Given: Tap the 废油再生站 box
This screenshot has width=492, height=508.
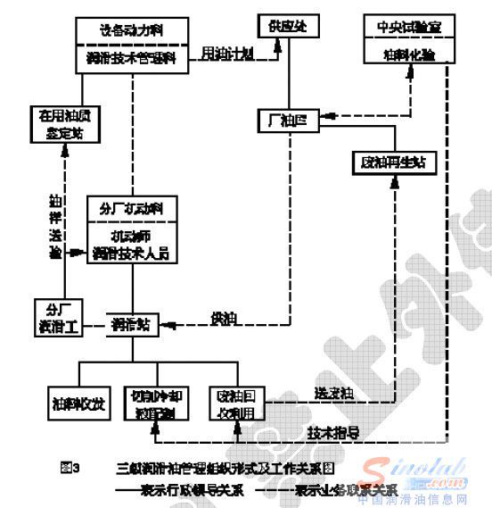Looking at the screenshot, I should point(392,163).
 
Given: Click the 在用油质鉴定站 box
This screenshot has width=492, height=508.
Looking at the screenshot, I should point(61,122).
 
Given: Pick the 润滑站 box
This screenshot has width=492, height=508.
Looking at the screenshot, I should point(133,323).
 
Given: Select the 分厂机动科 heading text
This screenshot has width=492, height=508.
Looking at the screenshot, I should point(131,209).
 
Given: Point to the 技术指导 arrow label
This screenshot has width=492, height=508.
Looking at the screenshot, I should point(333,432).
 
